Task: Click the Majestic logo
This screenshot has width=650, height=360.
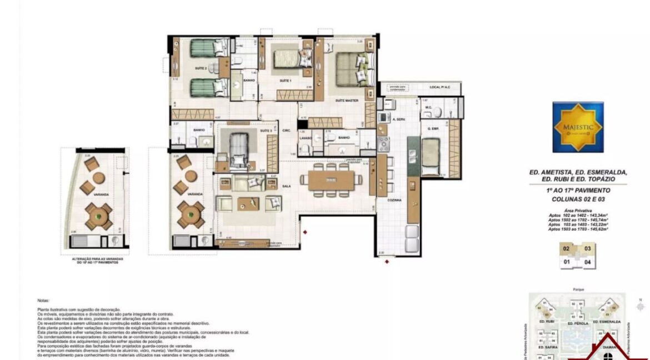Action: (x=578, y=127)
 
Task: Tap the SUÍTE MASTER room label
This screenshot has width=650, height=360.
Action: (x=346, y=101)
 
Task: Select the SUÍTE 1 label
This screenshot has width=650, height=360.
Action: (x=286, y=81)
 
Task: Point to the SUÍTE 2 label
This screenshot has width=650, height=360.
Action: (x=201, y=68)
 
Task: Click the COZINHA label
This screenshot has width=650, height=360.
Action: (x=395, y=199)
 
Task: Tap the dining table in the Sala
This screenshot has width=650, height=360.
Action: (x=331, y=179)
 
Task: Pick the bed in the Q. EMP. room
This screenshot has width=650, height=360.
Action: (x=431, y=156)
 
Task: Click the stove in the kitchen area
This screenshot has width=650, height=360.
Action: (x=384, y=143)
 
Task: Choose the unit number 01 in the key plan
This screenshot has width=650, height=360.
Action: (x=567, y=262)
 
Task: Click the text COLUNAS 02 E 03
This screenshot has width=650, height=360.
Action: (x=578, y=198)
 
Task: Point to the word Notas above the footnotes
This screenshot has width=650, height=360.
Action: (x=43, y=301)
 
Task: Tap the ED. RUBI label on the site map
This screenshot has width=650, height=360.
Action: (x=547, y=322)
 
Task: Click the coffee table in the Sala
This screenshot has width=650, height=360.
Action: (x=248, y=203)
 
